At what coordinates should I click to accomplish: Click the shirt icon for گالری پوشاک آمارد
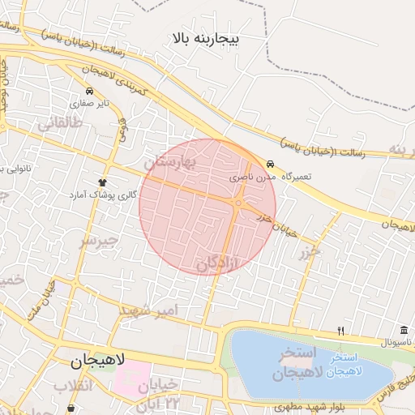coord(102,182)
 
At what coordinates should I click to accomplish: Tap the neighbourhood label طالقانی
coord(58,123)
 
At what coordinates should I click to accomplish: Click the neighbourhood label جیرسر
coord(99,241)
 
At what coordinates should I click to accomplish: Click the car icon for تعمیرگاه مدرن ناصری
coord(270,163)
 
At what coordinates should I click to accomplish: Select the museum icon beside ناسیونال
coord(404,330)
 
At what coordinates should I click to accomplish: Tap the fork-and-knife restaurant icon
coord(341,331)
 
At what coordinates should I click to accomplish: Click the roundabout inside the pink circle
coord(238,203)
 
